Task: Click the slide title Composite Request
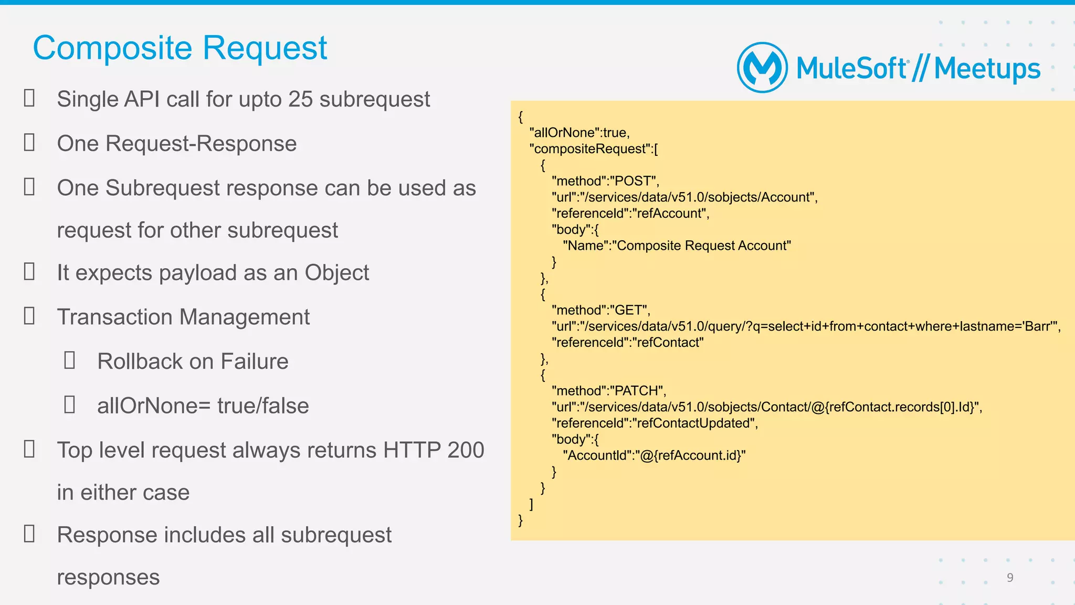click(x=180, y=48)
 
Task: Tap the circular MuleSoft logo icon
click(x=762, y=68)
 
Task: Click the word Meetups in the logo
click(x=987, y=69)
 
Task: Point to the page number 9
click(x=1010, y=578)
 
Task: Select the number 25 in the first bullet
click(x=300, y=99)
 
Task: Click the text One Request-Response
click(x=177, y=144)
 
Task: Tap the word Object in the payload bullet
click(x=336, y=273)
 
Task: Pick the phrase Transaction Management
click(x=183, y=317)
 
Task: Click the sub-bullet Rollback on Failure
click(x=193, y=362)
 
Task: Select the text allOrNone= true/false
click(x=203, y=406)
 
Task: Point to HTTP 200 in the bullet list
click(x=434, y=450)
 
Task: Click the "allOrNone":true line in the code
click(x=579, y=133)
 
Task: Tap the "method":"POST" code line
click(x=605, y=181)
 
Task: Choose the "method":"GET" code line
click(x=601, y=310)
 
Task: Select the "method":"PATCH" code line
click(x=609, y=391)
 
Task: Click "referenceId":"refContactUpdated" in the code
click(x=655, y=423)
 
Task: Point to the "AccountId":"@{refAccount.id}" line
click(x=654, y=455)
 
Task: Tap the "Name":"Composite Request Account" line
click(x=677, y=246)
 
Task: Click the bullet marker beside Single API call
click(x=29, y=98)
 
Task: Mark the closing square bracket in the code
click(x=531, y=504)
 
